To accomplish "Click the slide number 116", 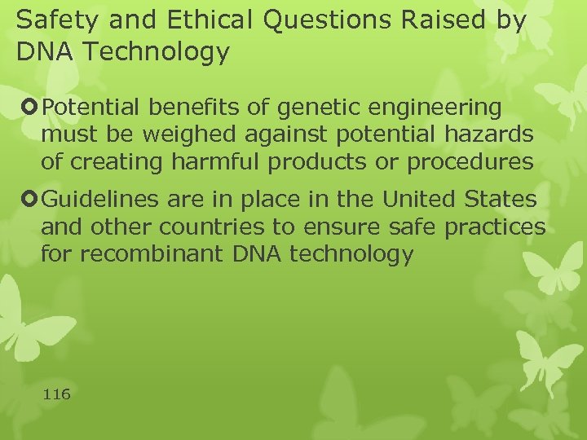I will (56, 394).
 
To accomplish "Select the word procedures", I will (470, 161).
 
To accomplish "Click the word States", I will (507, 199).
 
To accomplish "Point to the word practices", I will (495, 227).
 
